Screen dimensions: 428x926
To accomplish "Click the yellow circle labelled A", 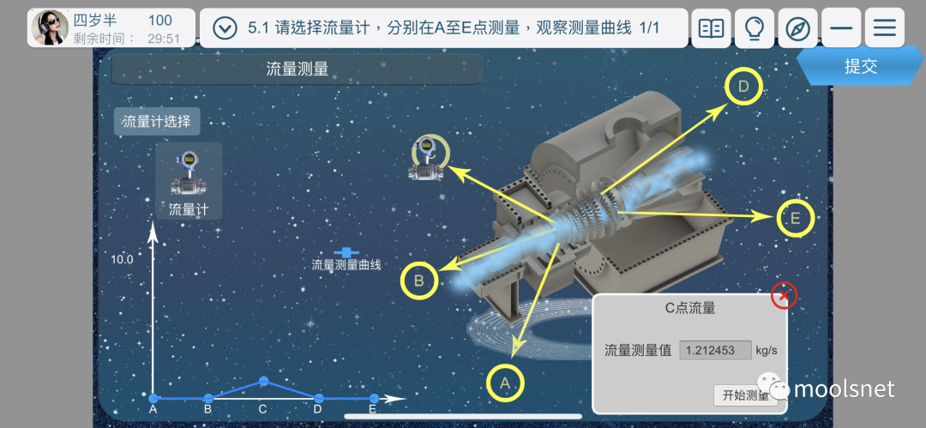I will coord(505,383).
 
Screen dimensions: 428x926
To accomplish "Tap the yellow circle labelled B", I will coord(419,280).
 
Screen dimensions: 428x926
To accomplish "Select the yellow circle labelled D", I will coord(743,86).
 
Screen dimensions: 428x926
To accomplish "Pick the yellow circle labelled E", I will coord(795,219).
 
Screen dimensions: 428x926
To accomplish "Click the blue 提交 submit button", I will coord(860,67).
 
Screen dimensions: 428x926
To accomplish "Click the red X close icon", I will coord(784,296).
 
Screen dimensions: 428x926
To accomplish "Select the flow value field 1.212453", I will coord(715,350).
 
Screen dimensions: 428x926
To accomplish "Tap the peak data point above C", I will coord(263,381).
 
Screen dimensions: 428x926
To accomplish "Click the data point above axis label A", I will coord(153,398).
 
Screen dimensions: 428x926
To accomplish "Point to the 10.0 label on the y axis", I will coord(122,259).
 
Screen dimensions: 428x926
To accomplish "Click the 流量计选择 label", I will coord(157,122).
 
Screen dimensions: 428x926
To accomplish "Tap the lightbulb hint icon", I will coord(755,28).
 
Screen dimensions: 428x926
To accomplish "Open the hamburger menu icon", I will coord(884,28).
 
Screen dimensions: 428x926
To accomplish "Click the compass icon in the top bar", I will coord(797,28).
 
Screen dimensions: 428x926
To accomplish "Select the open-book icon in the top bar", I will coord(711,28).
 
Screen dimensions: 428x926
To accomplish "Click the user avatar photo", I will coord(50,27).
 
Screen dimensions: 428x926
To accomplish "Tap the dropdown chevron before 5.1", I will coord(225,28).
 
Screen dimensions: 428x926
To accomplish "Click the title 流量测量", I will coord(298,69).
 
